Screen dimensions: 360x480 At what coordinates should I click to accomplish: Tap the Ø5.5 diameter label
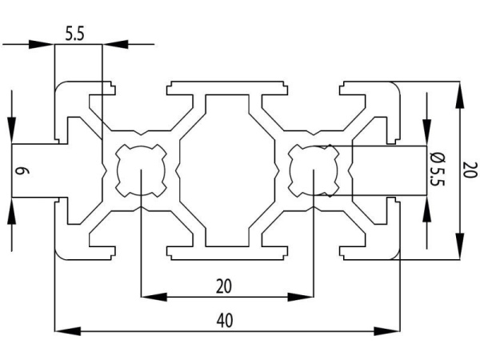click(x=436, y=170)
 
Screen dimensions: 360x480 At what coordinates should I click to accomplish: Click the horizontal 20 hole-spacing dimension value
click(x=225, y=286)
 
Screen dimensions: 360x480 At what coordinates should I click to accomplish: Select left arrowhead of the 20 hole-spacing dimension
click(x=151, y=297)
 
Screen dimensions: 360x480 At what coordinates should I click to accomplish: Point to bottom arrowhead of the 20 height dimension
click(x=461, y=248)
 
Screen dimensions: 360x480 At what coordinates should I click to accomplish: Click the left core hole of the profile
click(x=141, y=170)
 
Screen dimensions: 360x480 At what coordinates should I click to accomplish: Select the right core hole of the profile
click(x=313, y=170)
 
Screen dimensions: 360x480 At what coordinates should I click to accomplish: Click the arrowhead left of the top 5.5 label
click(x=43, y=45)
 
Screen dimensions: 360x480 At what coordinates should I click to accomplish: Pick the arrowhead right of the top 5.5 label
click(x=114, y=45)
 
